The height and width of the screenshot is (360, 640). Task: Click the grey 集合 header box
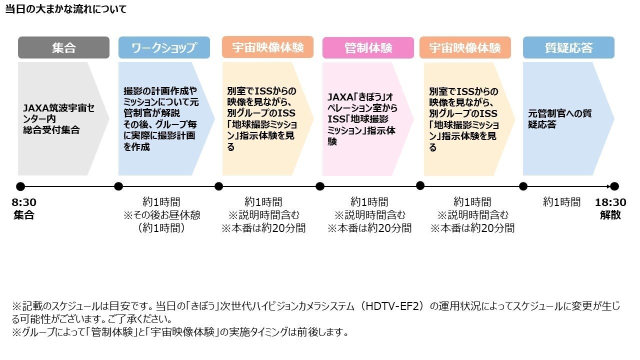coord(63,48)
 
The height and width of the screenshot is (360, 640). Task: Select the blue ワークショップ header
coord(164,48)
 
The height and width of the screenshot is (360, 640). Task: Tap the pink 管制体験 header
coord(368,48)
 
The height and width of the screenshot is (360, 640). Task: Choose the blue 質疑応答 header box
coord(568,48)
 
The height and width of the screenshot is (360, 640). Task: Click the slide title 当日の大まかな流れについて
coord(66,9)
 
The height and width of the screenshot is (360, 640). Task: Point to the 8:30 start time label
coord(24,202)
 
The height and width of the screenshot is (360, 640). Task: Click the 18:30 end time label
coord(610,202)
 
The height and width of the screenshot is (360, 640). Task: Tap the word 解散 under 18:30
coord(610,215)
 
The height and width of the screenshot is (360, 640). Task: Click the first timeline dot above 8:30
coord(20,186)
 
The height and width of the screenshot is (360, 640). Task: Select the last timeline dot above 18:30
coord(614,186)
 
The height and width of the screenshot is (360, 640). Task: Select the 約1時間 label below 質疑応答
coord(562,202)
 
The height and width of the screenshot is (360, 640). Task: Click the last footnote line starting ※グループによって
coord(180,332)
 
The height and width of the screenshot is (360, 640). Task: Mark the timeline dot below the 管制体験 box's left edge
coord(320,186)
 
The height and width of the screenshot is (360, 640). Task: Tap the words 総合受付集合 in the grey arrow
coord(51,130)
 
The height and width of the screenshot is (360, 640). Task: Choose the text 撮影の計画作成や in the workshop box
coord(160,91)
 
